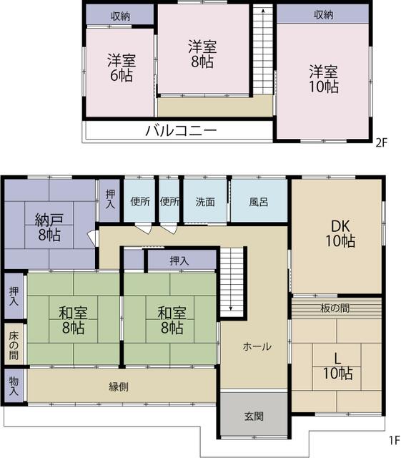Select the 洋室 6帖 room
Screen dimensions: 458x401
(x=120, y=68)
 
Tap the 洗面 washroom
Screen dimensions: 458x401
(x=205, y=202)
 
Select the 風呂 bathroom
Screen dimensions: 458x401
(x=259, y=202)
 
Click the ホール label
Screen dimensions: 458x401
(x=257, y=346)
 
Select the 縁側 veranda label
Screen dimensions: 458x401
(x=119, y=386)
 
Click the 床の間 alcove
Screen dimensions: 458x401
(x=14, y=346)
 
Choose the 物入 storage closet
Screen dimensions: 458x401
(x=14, y=386)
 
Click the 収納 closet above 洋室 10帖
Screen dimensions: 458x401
(x=323, y=14)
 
